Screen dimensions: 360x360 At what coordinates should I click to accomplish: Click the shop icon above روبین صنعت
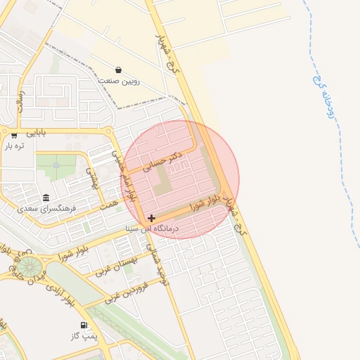117,70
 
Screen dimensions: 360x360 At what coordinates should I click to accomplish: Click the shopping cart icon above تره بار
14,135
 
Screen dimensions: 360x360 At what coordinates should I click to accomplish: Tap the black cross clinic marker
151,219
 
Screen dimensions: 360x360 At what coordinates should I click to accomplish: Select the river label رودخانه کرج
329,97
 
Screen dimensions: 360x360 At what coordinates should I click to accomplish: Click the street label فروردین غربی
126,293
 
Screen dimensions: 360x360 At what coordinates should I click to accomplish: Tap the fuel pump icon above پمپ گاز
85,326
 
